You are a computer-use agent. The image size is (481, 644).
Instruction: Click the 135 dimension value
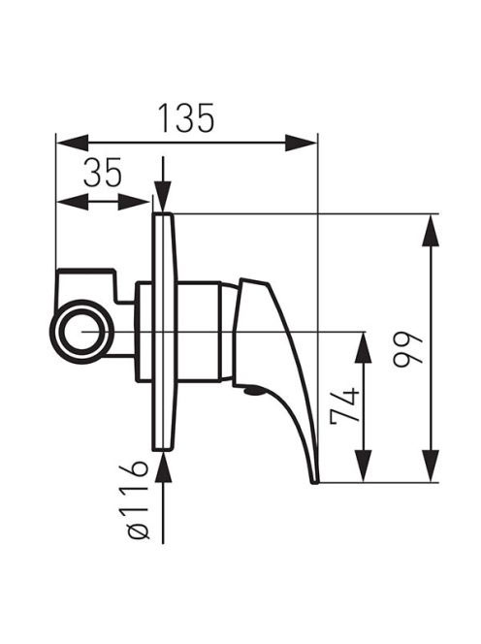(186, 118)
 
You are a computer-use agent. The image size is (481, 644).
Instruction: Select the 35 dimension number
(102, 173)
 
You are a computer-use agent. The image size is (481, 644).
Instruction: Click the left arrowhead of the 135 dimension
(72, 143)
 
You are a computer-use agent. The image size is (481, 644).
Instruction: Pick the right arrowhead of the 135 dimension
(301, 143)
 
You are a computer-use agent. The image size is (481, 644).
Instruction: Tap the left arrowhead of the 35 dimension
(72, 202)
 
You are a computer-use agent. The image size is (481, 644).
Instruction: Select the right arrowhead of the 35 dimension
(134, 202)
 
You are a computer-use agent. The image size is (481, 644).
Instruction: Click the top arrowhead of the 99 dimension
(431, 230)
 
